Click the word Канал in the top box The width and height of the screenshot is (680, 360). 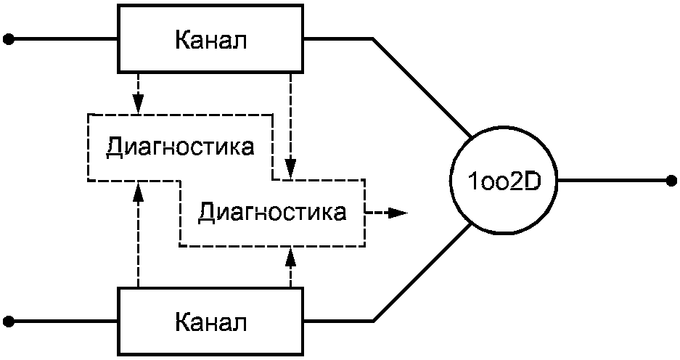[211, 41]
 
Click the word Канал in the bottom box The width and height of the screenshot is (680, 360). [211, 323]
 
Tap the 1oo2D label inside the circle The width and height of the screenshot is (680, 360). [504, 181]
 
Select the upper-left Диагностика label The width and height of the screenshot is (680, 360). [180, 147]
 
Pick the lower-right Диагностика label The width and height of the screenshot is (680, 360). [272, 213]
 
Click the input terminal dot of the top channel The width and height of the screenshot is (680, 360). [8, 40]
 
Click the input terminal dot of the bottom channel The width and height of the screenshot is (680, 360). [8, 322]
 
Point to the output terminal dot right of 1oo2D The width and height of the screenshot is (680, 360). [671, 181]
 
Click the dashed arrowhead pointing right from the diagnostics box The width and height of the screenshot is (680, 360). [398, 213]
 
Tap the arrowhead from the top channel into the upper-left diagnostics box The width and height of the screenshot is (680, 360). [139, 105]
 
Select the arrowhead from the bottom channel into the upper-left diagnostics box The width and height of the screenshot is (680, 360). [139, 190]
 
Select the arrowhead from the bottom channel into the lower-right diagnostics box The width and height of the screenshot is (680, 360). [290, 256]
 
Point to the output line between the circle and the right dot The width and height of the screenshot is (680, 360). [612, 181]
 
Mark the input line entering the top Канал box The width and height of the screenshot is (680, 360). [65, 40]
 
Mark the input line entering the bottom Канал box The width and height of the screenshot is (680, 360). [65, 322]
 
